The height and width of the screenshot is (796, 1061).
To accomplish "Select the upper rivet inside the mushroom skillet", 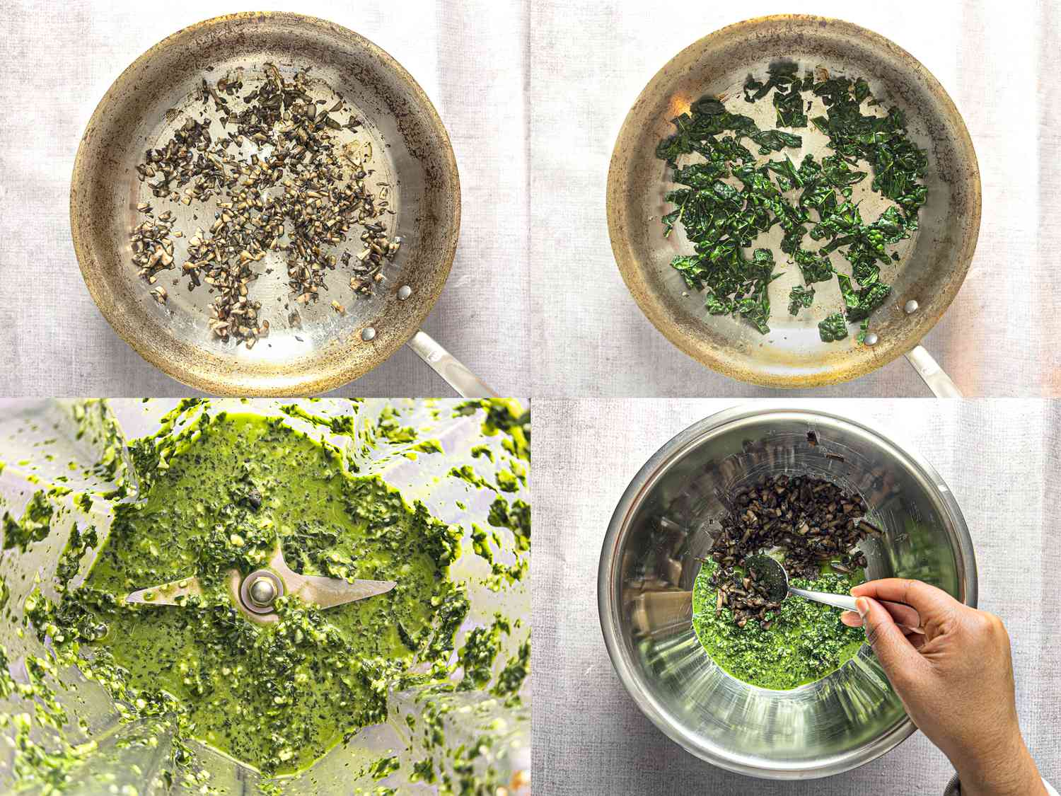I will [404, 292].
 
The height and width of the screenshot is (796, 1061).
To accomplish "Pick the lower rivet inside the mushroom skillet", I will [368, 333].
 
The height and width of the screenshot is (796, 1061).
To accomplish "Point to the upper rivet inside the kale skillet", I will [911, 306].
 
